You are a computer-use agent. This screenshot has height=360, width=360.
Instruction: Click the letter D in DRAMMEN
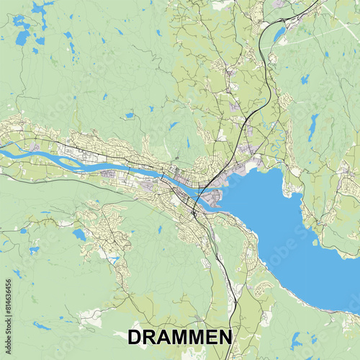[135, 338]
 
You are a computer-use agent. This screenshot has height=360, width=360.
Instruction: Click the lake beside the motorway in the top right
[279, 34]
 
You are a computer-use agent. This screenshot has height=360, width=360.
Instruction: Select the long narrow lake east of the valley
[312, 127]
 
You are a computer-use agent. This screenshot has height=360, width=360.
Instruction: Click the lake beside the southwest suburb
[78, 235]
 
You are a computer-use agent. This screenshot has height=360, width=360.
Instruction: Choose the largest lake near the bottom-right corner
[295, 338]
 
